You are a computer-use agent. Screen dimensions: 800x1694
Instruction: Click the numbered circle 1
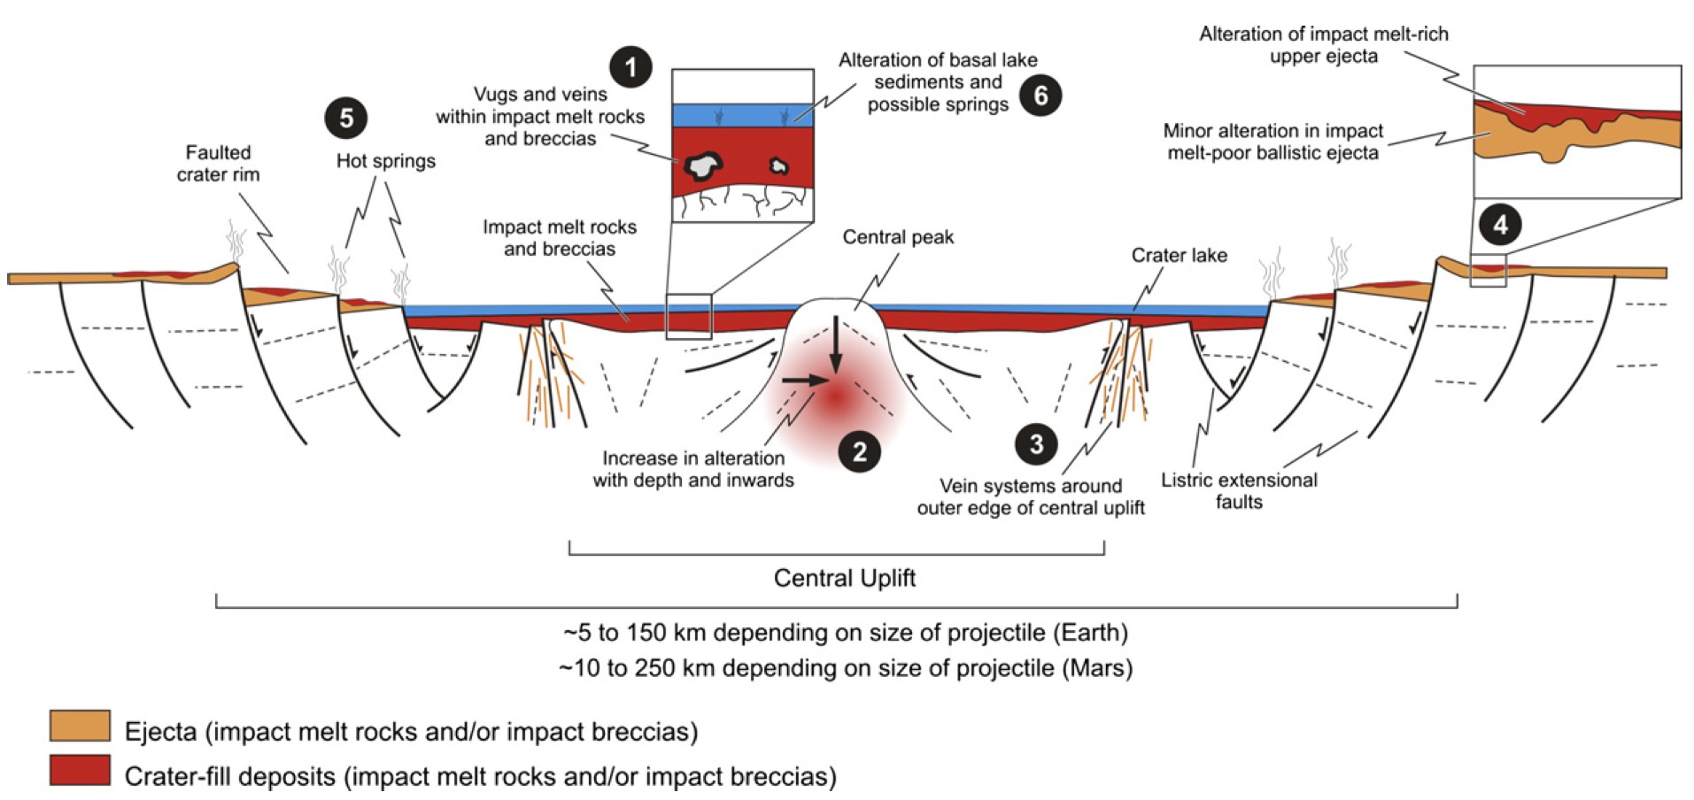630,66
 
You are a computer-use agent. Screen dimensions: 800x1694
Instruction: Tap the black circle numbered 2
859,452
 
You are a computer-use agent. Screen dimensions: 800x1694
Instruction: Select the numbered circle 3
1036,443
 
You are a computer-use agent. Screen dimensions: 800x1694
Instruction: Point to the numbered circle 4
1500,225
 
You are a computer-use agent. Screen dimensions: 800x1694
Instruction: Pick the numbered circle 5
346,118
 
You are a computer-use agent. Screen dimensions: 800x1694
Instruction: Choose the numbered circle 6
1040,95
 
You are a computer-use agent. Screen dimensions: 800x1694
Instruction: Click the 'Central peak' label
898,237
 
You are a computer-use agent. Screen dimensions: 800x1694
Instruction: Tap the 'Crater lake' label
1179,256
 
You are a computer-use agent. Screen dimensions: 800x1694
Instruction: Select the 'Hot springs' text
386,161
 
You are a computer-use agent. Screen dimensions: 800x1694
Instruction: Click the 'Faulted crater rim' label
218,164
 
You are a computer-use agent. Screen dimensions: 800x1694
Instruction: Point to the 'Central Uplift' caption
844,578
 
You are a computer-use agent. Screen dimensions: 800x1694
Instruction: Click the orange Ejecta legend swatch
80,726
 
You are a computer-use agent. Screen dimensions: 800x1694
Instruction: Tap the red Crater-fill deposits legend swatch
80,770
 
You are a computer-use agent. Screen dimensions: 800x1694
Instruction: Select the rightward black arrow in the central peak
804,380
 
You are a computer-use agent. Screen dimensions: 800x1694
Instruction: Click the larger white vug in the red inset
704,164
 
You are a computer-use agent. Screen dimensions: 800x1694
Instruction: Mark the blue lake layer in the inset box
742,115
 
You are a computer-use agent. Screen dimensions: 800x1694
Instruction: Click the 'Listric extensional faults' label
1238,490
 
